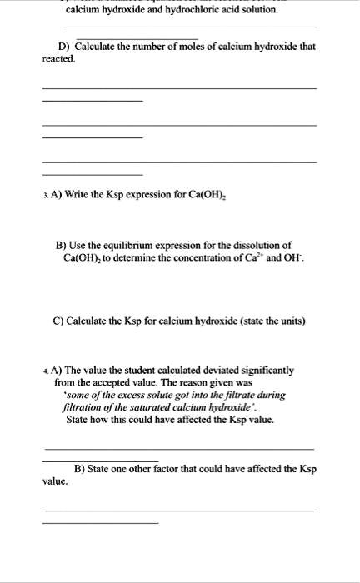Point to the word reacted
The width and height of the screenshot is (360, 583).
coord(59,60)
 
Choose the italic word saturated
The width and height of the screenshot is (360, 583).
coord(143,407)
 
